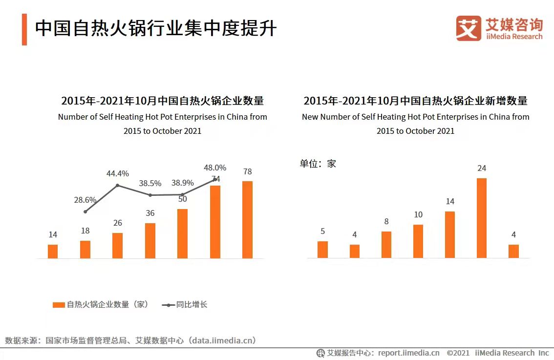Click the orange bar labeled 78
(x=247, y=219)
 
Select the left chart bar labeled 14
(x=53, y=251)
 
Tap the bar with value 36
(x=150, y=240)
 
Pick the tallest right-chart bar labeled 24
(x=482, y=218)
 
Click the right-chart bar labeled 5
(x=322, y=249)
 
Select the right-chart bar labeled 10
(x=418, y=241)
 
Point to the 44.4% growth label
(x=118, y=173)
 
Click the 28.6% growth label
(x=85, y=200)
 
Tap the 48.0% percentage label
(x=215, y=168)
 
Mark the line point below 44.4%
(x=118, y=185)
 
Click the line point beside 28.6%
(x=85, y=212)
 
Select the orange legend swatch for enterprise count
(x=59, y=305)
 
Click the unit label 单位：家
(x=318, y=164)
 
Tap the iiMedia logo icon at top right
(x=469, y=28)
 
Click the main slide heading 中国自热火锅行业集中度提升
(x=156, y=29)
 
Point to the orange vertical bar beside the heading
(x=24, y=29)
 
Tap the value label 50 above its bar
(x=182, y=199)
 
